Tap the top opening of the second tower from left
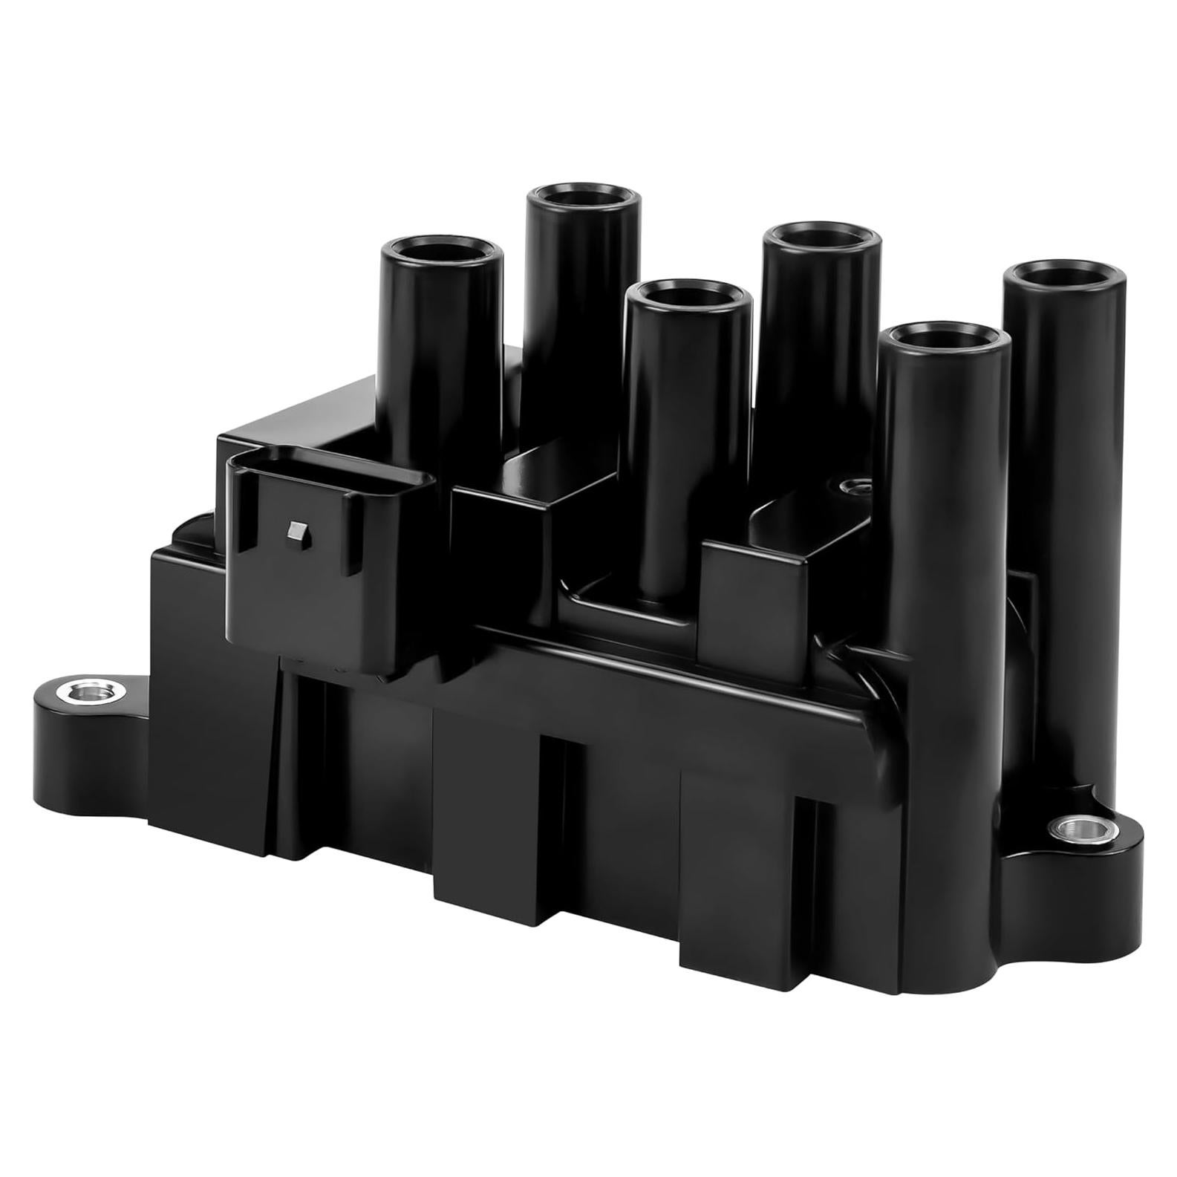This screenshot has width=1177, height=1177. click(584, 200)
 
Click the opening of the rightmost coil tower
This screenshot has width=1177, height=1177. click(1064, 274)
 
